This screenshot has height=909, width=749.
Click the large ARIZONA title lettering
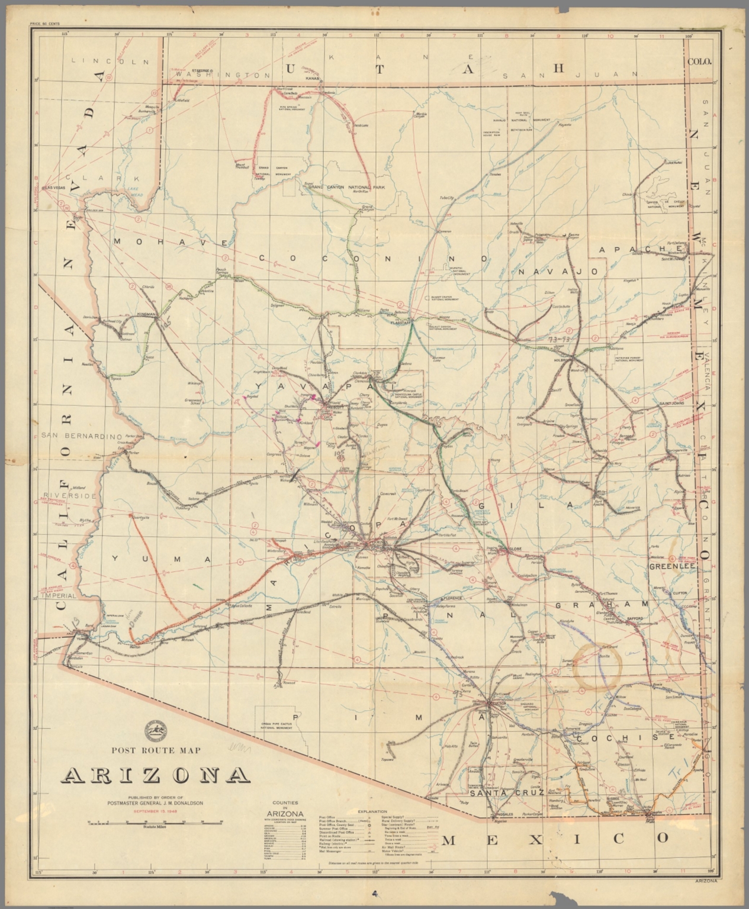156,775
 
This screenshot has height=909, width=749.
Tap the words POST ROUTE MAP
156,750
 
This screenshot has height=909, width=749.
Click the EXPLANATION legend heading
372,811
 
